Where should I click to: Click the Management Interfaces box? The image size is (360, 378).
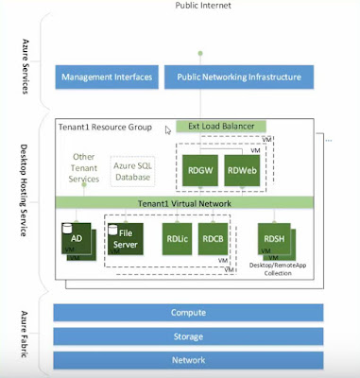click(x=106, y=76)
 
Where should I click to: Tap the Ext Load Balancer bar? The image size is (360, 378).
click(x=226, y=126)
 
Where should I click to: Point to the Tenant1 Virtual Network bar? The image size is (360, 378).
click(x=193, y=201)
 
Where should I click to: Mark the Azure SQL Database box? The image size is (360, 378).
click(x=134, y=171)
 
